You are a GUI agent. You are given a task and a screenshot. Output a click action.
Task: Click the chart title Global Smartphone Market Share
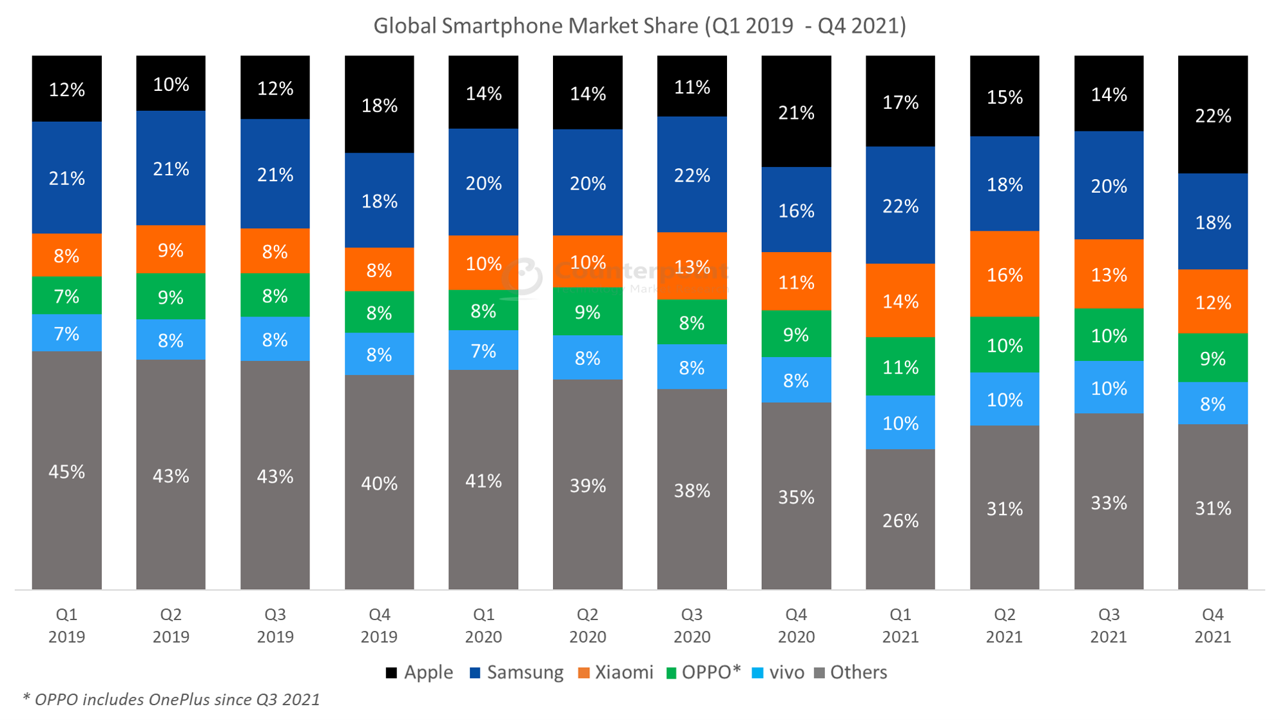[x=639, y=26]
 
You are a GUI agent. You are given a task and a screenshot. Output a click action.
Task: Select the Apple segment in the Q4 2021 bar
[x=1212, y=115]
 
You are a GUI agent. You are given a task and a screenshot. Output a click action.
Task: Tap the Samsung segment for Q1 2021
[x=900, y=205]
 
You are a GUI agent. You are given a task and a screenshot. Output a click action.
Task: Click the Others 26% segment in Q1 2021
[x=900, y=520]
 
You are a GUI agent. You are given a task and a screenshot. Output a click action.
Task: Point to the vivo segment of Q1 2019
[x=66, y=333]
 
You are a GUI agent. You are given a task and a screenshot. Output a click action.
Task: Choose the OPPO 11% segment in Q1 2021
[x=900, y=366]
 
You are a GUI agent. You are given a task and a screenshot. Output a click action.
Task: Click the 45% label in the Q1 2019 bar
[x=66, y=472]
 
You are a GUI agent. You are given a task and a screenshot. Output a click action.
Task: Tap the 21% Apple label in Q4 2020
[x=796, y=113]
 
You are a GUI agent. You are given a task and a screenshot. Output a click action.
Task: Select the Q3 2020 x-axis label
[x=692, y=625]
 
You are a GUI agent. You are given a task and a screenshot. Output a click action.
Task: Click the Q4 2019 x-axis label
[x=379, y=625]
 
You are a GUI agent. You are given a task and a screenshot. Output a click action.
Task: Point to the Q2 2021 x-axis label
[x=1004, y=625]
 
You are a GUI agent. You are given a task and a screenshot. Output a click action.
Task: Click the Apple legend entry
[x=419, y=672]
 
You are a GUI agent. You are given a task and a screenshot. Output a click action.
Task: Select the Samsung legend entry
[x=516, y=672]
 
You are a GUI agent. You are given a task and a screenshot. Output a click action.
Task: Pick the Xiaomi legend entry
[x=616, y=672]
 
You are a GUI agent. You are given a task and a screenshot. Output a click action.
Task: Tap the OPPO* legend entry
[x=703, y=672]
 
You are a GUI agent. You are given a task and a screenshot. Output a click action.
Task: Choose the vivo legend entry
[x=778, y=672]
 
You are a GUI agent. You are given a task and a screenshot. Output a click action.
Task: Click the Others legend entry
[x=851, y=672]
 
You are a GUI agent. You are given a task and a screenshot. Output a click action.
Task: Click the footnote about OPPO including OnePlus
[x=171, y=699]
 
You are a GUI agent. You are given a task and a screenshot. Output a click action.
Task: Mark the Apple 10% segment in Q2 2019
[x=171, y=84]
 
